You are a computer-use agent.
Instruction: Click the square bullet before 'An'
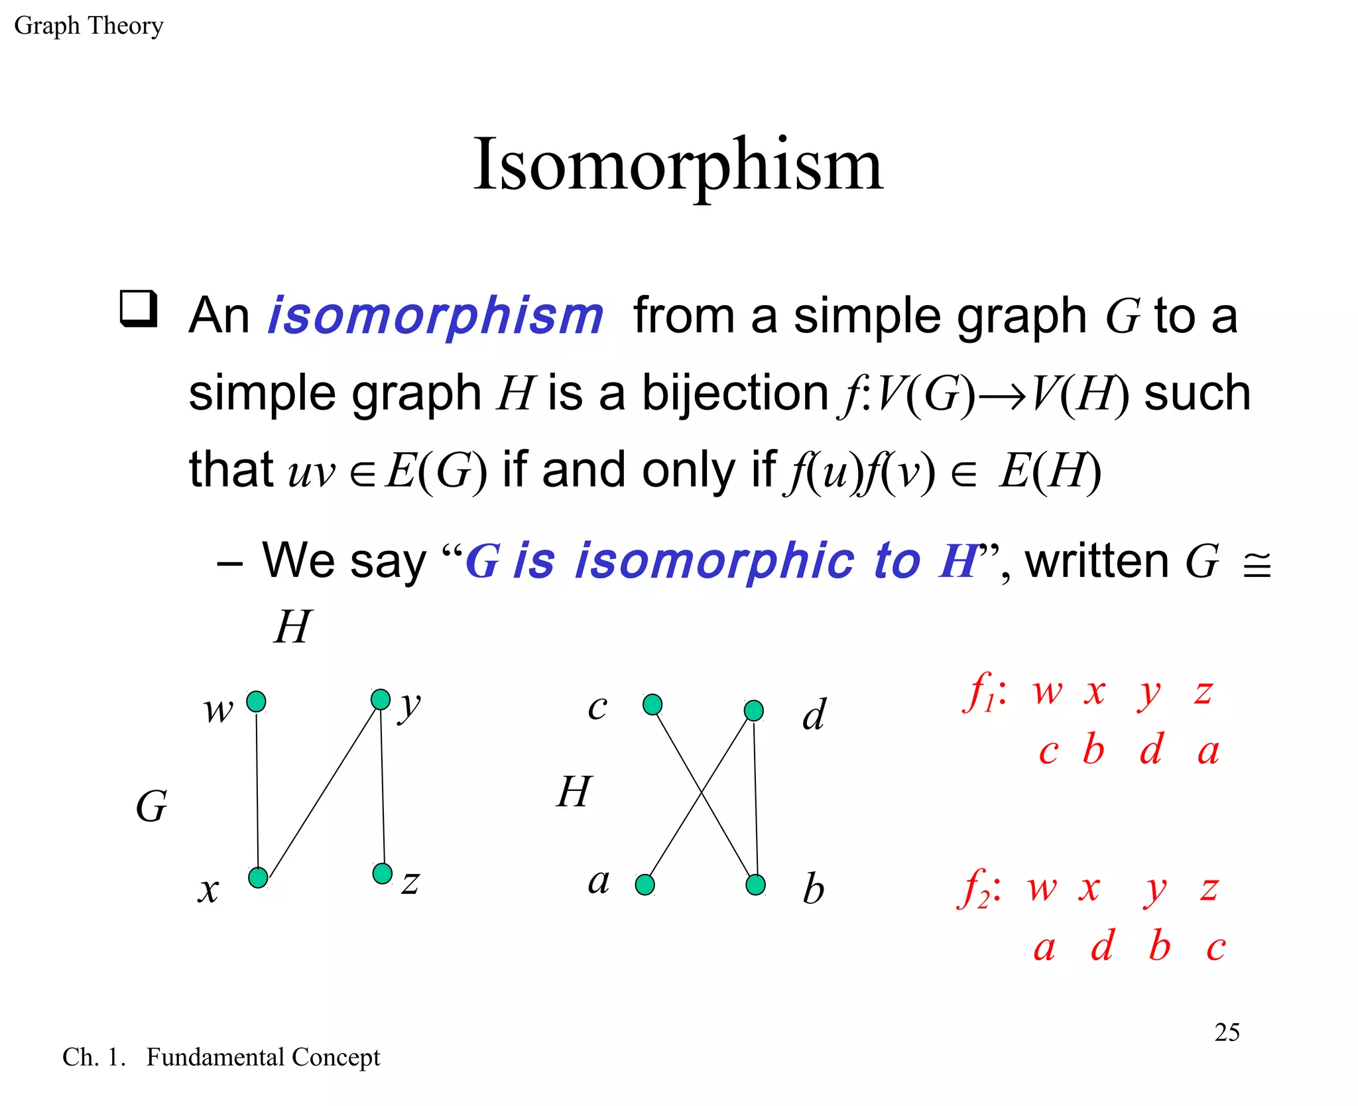tap(139, 308)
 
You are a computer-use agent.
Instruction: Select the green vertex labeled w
tap(256, 702)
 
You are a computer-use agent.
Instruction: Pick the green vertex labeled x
tap(258, 877)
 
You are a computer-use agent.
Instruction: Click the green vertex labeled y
tap(381, 700)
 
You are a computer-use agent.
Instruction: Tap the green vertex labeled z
tap(383, 873)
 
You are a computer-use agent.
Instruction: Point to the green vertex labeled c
tap(652, 704)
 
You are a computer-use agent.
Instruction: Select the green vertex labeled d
tap(754, 711)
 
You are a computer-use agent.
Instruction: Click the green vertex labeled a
tap(645, 885)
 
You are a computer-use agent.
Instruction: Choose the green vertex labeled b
tap(756, 885)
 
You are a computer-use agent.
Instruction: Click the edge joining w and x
tap(257, 789)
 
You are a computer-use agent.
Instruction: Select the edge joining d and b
tap(755, 796)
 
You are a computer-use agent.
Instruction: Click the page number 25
tap(1227, 1032)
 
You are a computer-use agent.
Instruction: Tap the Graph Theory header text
tap(89, 26)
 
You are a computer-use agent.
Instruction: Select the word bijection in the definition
tap(735, 394)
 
